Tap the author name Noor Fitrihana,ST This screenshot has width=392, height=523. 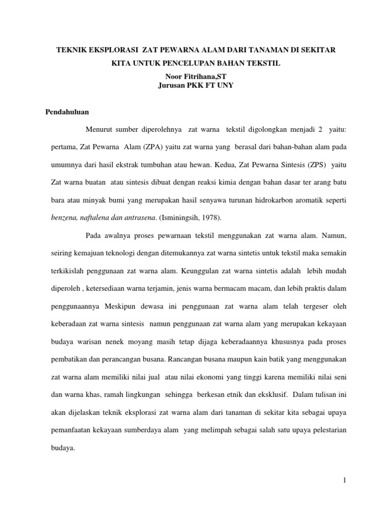click(x=195, y=76)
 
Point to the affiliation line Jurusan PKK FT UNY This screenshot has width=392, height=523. click(x=196, y=85)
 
